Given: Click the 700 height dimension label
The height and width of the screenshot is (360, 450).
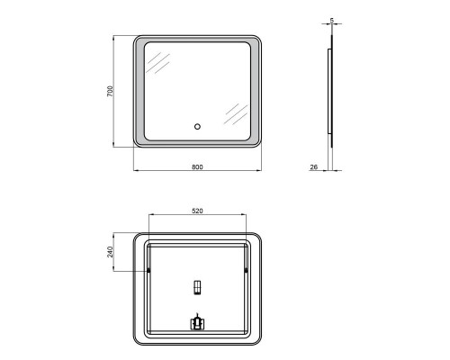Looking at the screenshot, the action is click(x=111, y=91).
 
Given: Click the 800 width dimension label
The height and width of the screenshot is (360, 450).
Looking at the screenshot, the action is click(x=197, y=167).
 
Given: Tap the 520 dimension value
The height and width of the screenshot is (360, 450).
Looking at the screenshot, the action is click(x=197, y=211).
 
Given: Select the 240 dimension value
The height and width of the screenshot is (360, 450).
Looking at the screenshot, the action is click(x=110, y=252).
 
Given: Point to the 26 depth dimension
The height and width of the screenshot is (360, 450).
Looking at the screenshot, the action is click(x=314, y=167).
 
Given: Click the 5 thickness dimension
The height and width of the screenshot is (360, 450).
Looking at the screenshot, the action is click(x=331, y=21).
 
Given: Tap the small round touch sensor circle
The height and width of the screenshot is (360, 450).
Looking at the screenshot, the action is click(x=197, y=127).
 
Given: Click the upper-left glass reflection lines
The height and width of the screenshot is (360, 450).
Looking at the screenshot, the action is click(x=157, y=63).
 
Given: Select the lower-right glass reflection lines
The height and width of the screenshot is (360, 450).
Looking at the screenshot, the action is click(x=236, y=114).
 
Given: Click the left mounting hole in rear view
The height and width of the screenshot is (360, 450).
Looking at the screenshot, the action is click(x=148, y=271).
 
